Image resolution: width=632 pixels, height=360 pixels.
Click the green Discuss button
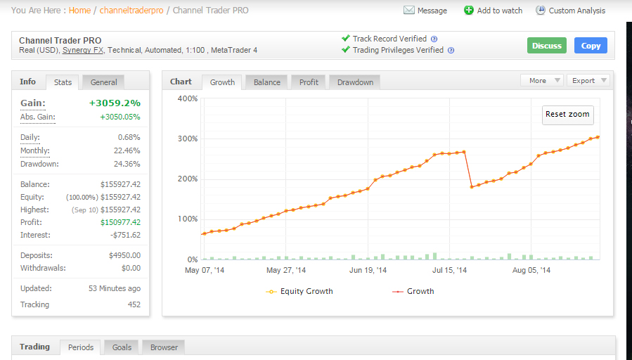[x=546, y=46]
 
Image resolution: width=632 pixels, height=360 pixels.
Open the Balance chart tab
[x=267, y=82]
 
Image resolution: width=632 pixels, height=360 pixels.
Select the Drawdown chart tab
[x=355, y=82]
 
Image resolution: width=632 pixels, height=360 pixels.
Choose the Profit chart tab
[x=309, y=82]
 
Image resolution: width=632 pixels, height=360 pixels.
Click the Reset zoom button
[x=567, y=115]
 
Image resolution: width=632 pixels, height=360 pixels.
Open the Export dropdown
[x=588, y=81]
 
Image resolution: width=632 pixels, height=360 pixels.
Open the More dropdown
[x=542, y=81]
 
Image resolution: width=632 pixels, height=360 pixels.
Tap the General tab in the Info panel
[x=103, y=82]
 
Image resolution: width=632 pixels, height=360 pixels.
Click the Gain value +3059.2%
[x=115, y=103]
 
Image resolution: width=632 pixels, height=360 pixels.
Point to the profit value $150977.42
[x=120, y=222]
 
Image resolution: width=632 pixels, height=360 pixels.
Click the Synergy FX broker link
[x=83, y=51]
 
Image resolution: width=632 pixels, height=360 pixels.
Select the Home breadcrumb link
[x=79, y=11]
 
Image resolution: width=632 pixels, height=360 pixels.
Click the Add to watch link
[x=493, y=11]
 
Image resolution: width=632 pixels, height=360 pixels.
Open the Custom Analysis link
[x=570, y=11]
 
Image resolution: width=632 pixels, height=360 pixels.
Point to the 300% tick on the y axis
[x=188, y=139]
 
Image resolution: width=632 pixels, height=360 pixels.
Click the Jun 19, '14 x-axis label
[x=368, y=270]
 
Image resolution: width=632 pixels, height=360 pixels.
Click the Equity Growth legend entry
[x=299, y=292]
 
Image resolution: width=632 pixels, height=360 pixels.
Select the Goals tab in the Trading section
[x=122, y=347]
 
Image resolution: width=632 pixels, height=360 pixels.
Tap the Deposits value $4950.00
[x=124, y=256]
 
